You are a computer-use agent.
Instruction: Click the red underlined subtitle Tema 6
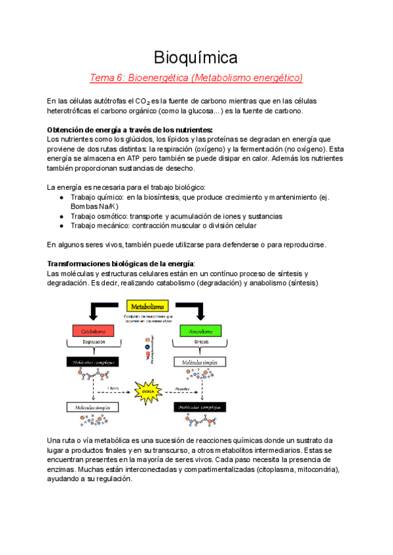(x=196, y=78)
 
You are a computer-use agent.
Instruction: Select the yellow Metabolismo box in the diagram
(x=147, y=306)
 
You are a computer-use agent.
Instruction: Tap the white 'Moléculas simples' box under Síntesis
(x=200, y=362)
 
